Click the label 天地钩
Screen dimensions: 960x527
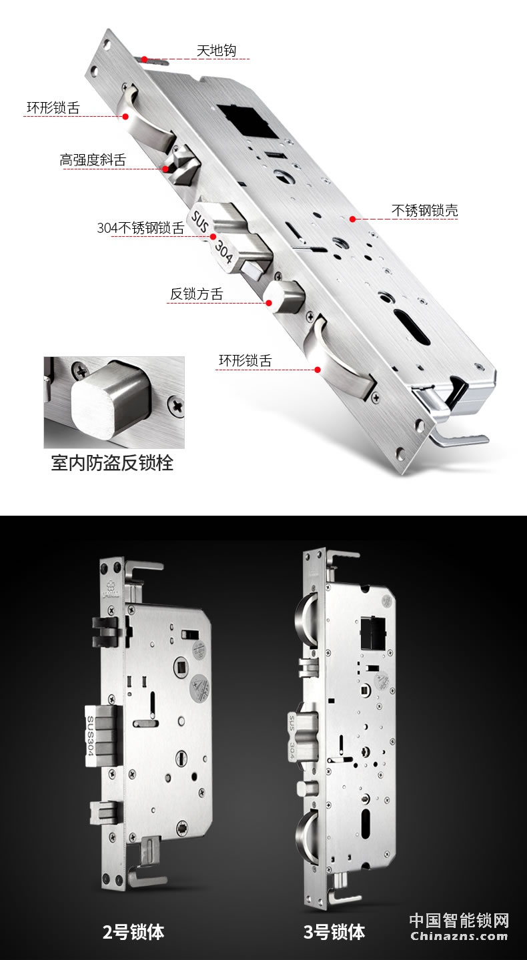click(x=215, y=51)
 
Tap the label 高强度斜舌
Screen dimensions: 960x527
click(x=92, y=160)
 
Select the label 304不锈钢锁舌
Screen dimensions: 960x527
click(x=140, y=227)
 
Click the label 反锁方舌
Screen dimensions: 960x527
click(x=196, y=294)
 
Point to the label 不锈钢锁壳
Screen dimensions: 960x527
click(x=424, y=211)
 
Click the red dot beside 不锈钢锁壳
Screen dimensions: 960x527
click(x=352, y=218)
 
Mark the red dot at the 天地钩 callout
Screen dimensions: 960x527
click(x=144, y=59)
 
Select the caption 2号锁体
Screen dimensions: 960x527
click(x=133, y=932)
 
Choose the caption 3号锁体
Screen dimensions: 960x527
click(x=334, y=932)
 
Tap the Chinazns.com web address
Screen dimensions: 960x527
click(x=459, y=936)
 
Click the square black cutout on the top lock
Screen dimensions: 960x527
click(x=243, y=121)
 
